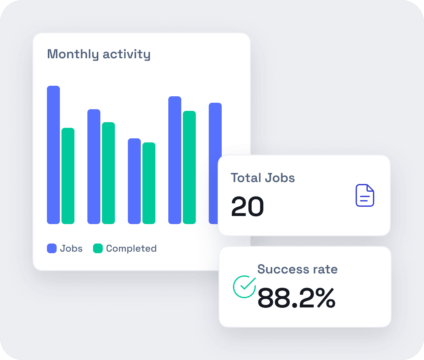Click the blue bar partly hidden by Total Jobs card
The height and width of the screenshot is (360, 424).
(x=215, y=129)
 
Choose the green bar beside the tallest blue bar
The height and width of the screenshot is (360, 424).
(x=68, y=176)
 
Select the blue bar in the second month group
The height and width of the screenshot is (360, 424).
(x=94, y=166)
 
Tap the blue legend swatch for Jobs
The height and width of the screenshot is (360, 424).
(x=52, y=248)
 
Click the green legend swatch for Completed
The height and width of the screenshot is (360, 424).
(x=98, y=248)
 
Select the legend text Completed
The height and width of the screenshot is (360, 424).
(x=131, y=248)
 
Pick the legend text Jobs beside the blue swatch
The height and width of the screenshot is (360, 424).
(x=71, y=248)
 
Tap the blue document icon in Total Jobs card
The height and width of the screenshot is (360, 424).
(x=365, y=195)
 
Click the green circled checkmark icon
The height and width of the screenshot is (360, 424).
(x=244, y=286)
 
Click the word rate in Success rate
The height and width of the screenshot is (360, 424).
(x=324, y=269)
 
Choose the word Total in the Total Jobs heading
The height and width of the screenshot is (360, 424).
(x=246, y=178)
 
